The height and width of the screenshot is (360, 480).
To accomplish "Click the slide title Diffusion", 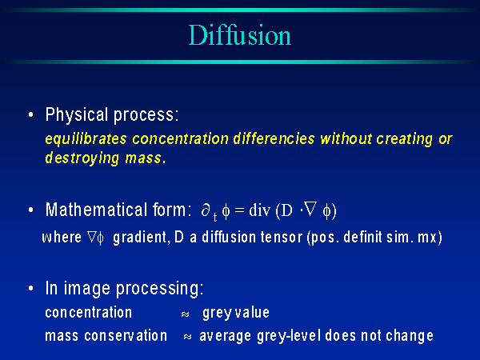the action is (x=240, y=35).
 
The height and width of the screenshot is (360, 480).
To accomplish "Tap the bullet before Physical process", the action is (x=30, y=115).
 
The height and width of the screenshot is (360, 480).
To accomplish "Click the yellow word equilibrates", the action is (x=86, y=139).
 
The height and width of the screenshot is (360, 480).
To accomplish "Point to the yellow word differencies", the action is (x=274, y=138).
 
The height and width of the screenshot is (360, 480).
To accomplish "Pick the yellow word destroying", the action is (x=82, y=158).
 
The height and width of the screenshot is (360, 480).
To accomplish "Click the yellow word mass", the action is (x=144, y=158).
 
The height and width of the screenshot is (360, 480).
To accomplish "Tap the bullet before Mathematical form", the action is (x=30, y=210).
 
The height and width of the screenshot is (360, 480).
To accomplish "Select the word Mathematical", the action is (x=95, y=210).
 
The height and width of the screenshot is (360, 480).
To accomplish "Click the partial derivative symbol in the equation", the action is (x=205, y=210).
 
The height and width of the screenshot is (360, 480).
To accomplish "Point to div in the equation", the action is (x=260, y=210).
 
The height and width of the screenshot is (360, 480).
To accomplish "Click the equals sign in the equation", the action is (x=240, y=210).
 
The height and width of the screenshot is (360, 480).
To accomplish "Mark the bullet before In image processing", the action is (x=30, y=288).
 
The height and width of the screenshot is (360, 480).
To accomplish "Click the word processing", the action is (x=159, y=289).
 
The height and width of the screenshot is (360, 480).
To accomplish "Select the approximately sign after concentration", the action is (x=186, y=314).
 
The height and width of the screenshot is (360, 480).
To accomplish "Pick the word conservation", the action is (x=126, y=336).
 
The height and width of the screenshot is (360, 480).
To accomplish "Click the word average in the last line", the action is (x=226, y=337).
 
